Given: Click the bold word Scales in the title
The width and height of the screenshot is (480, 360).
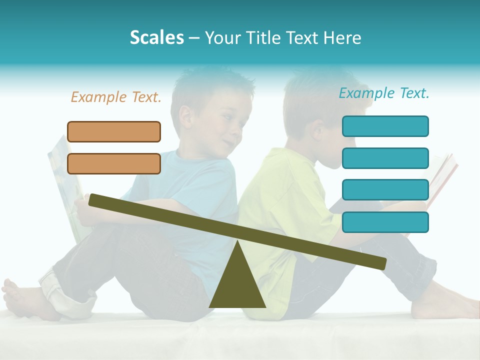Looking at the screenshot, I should [x=156, y=37].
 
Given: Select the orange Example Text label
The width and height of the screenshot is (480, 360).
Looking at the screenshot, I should [x=116, y=97].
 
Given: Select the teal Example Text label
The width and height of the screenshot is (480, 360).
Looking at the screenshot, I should [x=384, y=93].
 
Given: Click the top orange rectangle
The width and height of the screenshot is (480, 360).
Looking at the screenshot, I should [x=114, y=131].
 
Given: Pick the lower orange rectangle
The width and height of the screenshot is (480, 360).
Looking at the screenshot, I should [x=114, y=163].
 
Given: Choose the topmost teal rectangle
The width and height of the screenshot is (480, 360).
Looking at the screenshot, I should [x=385, y=126].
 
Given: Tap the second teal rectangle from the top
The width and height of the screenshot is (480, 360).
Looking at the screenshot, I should [x=385, y=158].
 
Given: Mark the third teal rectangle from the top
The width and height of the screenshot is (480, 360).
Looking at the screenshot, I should [x=385, y=190].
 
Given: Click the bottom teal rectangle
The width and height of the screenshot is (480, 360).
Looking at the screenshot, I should [x=385, y=222].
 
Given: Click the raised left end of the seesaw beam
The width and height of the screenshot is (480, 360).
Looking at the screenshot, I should [x=95, y=200].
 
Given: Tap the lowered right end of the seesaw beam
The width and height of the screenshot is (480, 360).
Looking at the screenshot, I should [x=380, y=263].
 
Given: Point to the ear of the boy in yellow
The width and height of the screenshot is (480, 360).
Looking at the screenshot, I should [x=318, y=131].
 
